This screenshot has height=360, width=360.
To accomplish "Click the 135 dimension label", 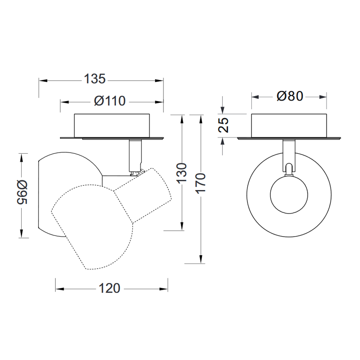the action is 95,79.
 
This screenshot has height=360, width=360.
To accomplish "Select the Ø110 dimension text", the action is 110,101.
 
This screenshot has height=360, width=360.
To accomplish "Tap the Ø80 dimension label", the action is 290,96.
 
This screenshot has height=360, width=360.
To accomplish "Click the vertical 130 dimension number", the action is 182,173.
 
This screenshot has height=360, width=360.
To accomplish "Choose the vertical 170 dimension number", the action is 201,183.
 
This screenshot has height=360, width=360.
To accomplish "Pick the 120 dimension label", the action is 109,288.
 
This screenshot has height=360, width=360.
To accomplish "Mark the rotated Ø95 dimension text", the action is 22,192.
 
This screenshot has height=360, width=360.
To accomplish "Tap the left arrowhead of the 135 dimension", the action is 43,81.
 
